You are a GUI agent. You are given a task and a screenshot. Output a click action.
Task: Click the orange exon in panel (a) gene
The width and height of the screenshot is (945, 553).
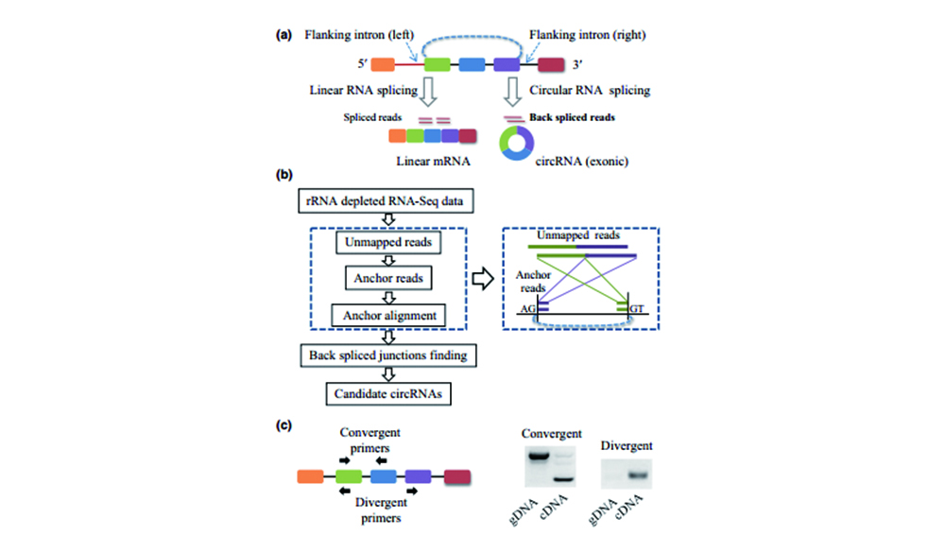click(x=383, y=65)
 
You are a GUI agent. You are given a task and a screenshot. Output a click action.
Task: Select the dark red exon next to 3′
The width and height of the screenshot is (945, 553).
click(x=551, y=65)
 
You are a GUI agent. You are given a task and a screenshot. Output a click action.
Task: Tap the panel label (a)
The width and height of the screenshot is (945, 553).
click(x=283, y=35)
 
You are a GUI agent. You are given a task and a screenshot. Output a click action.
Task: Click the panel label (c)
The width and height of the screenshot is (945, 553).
click(x=283, y=425)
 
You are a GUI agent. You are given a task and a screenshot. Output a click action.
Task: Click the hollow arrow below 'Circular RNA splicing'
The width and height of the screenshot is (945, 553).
click(x=513, y=93)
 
